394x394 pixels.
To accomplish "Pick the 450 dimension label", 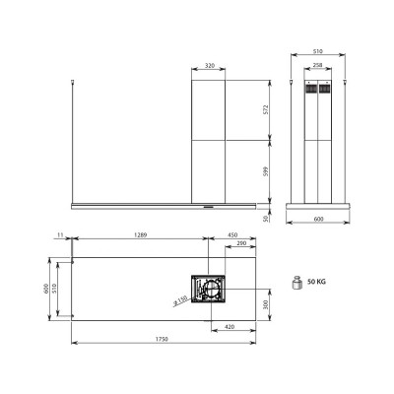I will coord(232,234).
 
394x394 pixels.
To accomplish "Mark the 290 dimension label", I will coord(242,245).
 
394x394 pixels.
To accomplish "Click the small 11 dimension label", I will coord(60,234).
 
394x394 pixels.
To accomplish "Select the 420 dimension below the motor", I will coord(229,326).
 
